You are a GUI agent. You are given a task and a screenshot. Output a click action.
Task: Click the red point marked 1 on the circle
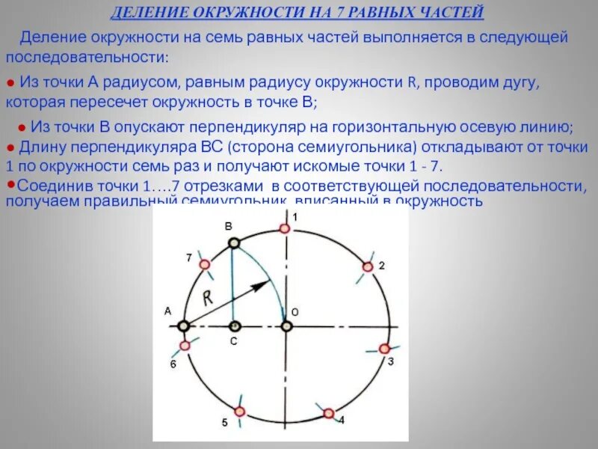coord(286,230)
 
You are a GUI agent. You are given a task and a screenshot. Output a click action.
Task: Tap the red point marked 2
coord(367,267)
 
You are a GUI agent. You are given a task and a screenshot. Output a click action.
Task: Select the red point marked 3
coord(384,349)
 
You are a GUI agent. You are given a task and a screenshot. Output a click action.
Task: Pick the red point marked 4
coord(328,413)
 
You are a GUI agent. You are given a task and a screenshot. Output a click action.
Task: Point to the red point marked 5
coord(239,411)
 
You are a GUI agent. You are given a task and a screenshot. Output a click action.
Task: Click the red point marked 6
coord(185,346)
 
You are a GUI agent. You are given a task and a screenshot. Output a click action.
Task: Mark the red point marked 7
coord(205,265)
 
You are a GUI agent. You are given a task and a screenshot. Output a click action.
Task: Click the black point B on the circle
coord(234,242)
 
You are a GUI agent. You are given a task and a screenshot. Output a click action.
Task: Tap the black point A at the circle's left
coord(183,326)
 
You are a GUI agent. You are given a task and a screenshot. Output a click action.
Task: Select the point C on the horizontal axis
coord(234,326)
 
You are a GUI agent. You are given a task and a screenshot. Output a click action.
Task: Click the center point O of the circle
coord(286,326)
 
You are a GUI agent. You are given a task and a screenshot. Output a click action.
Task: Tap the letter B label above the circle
coord(229,225)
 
